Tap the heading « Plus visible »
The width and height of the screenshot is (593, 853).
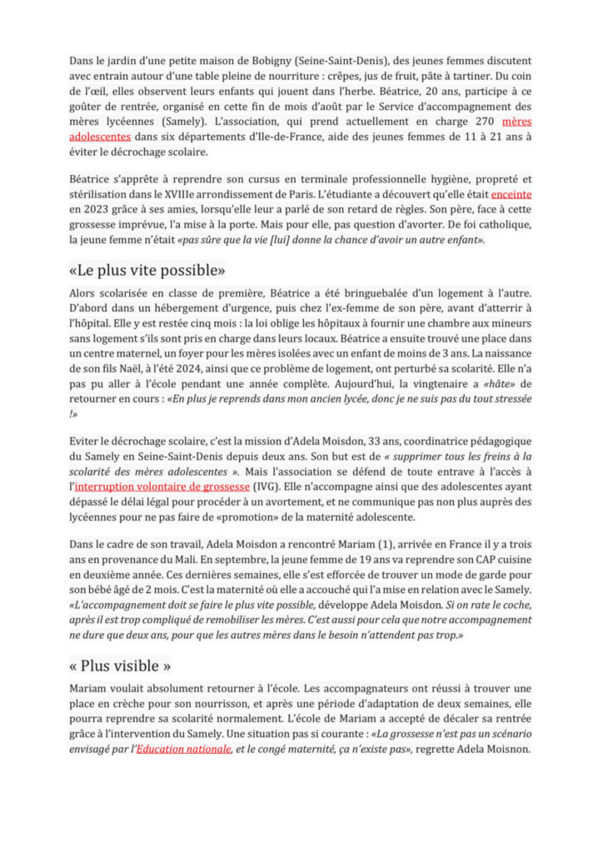pyautogui.click(x=120, y=666)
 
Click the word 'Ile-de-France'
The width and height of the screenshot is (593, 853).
pyautogui.click(x=329, y=137)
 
